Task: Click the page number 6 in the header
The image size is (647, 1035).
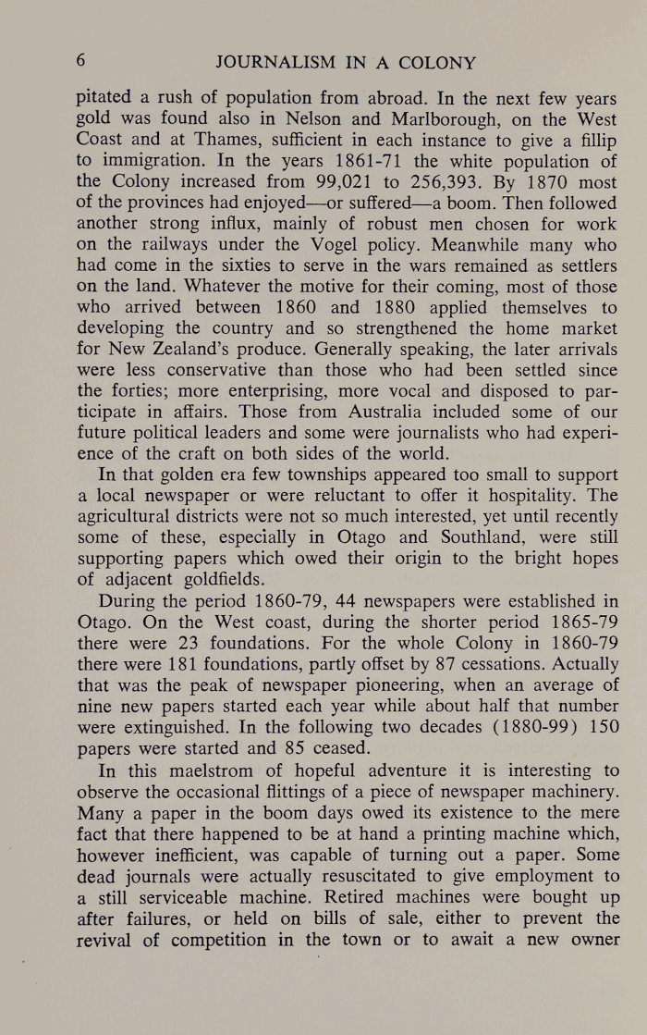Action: click(x=81, y=63)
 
